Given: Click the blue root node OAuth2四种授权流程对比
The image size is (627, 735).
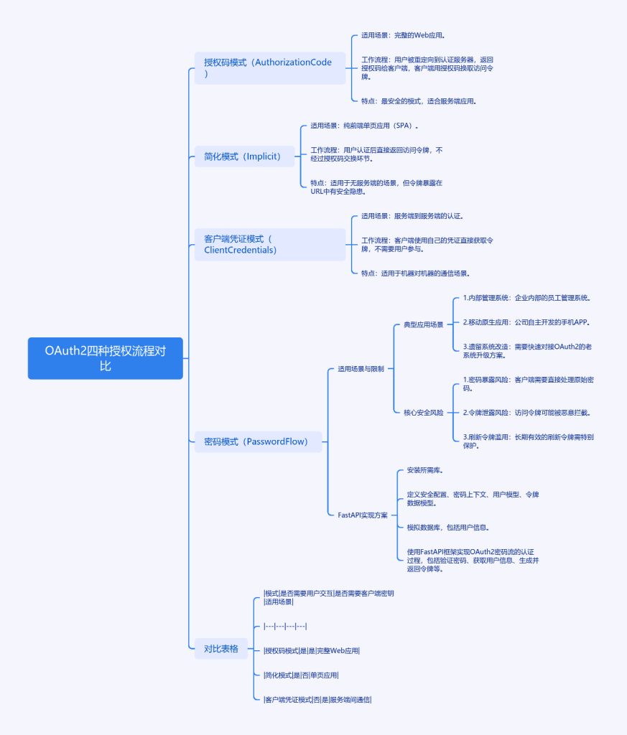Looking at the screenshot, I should point(105,357).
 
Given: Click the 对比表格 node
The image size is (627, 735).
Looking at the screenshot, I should point(221,649).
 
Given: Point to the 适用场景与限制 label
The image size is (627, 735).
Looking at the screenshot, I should point(361,369).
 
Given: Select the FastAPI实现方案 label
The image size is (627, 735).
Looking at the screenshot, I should point(363,515).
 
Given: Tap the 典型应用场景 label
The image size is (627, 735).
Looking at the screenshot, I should point(423,325).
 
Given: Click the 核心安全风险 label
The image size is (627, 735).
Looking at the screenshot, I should point(423,413).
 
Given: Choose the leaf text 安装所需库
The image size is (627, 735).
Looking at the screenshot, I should point(424,471).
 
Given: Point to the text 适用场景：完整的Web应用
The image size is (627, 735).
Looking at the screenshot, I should point(407,34).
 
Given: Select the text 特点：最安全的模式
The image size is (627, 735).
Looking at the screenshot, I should point(419,101).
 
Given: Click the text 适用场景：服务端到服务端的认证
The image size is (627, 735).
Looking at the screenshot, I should point(412,216).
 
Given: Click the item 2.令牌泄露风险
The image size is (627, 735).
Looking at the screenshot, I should point(531,413).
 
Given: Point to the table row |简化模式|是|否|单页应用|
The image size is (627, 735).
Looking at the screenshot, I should point(302,675).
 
